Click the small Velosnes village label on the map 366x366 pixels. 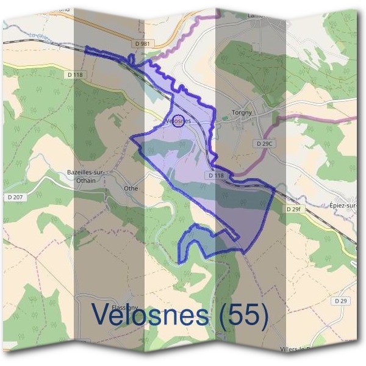179,121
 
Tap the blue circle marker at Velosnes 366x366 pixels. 178,120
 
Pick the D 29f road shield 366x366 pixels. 294,209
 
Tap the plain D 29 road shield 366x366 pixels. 340,301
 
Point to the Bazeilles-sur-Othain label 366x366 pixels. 85,175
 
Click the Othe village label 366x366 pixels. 131,188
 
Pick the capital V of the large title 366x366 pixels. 101,314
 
